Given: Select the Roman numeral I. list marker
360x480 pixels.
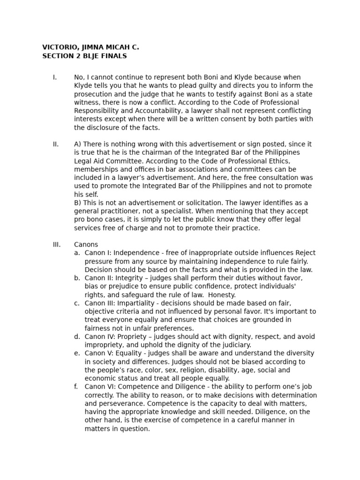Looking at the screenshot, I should pyautogui.click(x=54, y=77).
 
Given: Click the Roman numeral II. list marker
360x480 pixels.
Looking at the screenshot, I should pyautogui.click(x=55, y=144).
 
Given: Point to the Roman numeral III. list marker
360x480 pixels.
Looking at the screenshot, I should pyautogui.click(x=56, y=245).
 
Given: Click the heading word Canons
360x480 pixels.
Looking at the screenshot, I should pyautogui.click(x=86, y=245).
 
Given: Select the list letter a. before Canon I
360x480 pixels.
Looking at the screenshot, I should pyautogui.click(x=76, y=253).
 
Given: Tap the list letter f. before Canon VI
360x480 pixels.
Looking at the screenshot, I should pyautogui.click(x=76, y=387).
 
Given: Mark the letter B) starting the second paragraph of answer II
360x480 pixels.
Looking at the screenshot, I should pyautogui.click(x=78, y=203).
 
